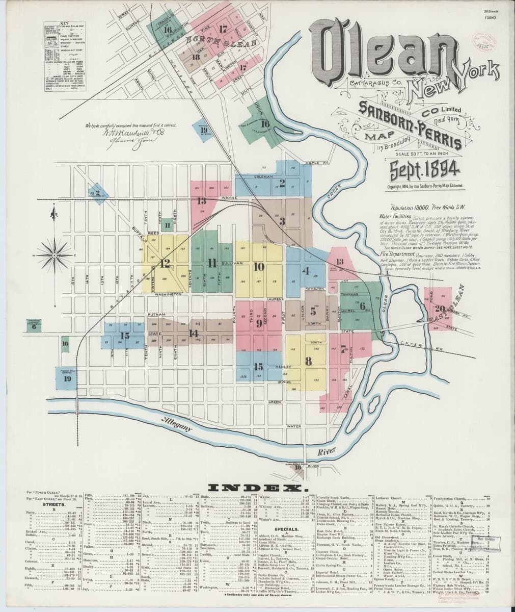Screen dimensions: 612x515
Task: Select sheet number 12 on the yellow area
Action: (165, 264)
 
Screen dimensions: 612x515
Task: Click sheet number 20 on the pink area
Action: (439, 309)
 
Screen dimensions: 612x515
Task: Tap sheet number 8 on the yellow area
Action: (308, 361)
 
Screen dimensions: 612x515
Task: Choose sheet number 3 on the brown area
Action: (282, 221)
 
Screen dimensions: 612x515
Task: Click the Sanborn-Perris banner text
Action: (410, 124)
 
